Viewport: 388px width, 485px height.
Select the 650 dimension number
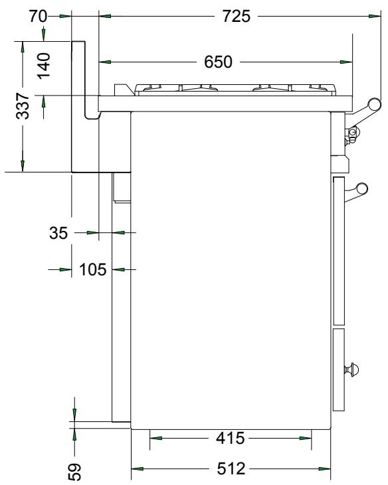[217, 62]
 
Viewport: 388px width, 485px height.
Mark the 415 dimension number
[231, 438]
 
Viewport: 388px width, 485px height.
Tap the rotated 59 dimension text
[74, 470]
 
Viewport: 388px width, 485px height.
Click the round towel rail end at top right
[374, 103]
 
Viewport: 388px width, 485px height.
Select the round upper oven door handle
[362, 189]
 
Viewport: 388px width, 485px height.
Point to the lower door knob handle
[354, 368]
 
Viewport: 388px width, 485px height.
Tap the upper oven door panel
[339, 248]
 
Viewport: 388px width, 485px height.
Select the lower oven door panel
[339, 368]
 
